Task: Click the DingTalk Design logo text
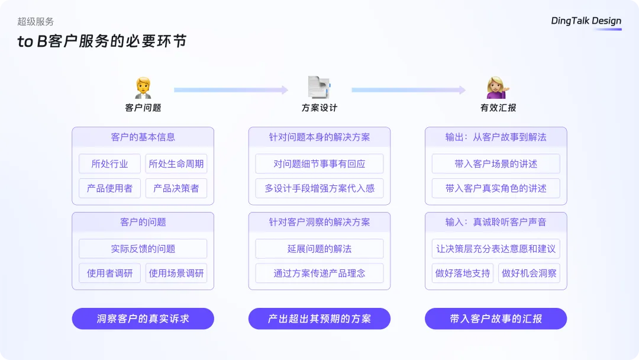click(586, 21)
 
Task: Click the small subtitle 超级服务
click(35, 21)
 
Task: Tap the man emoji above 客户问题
click(143, 88)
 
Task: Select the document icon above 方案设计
click(319, 87)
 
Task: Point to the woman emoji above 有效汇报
click(498, 88)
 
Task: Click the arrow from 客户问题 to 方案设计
click(231, 89)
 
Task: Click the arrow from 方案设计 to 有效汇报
click(408, 89)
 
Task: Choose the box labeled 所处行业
click(109, 164)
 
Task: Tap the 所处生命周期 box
click(176, 164)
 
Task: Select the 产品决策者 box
click(176, 188)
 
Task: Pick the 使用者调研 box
click(109, 273)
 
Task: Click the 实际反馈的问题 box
click(143, 249)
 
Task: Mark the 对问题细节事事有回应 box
click(319, 164)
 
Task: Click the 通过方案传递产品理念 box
click(319, 273)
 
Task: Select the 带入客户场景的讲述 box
click(496, 164)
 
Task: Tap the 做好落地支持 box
click(463, 273)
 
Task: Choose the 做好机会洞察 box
click(529, 273)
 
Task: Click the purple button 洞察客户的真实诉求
click(143, 319)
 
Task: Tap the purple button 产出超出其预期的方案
click(319, 319)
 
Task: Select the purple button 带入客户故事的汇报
click(496, 319)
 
